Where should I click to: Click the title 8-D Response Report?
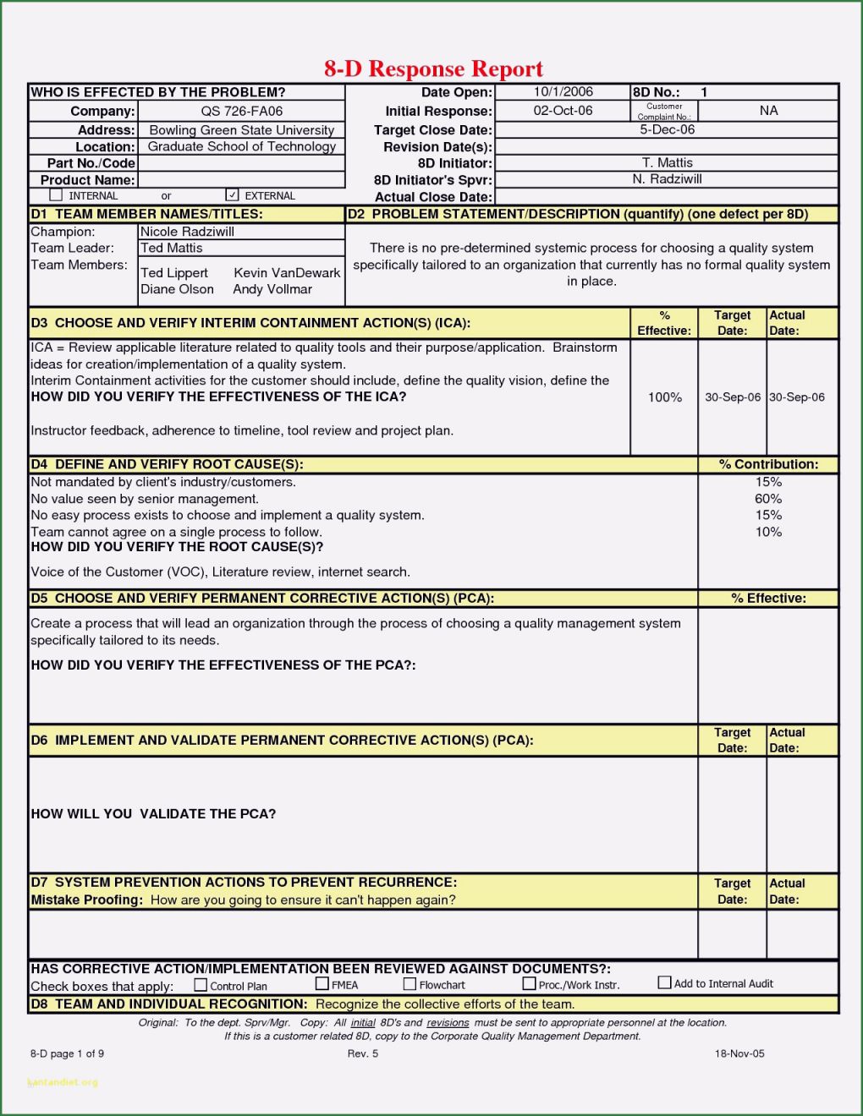point(433,68)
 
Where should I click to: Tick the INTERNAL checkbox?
point(56,195)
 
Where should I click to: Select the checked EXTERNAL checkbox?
point(233,195)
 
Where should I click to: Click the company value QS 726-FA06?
point(242,111)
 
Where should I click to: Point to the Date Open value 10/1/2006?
point(563,92)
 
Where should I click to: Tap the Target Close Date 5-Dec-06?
point(667,129)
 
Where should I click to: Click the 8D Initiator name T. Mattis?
point(667,162)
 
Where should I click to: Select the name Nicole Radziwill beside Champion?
point(187,232)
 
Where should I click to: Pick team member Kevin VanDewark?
point(287,272)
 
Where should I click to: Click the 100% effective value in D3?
point(664,397)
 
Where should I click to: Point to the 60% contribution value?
point(768,499)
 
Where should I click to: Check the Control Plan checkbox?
point(201,985)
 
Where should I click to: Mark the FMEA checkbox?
point(322,984)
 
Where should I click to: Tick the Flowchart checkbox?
point(410,984)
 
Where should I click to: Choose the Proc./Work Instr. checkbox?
point(530,984)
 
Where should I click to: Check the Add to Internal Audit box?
point(665,982)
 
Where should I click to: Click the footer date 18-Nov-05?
point(739,1053)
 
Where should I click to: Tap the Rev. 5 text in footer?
point(363,1053)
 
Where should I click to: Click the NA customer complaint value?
point(768,111)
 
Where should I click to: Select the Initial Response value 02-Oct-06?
point(563,111)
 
